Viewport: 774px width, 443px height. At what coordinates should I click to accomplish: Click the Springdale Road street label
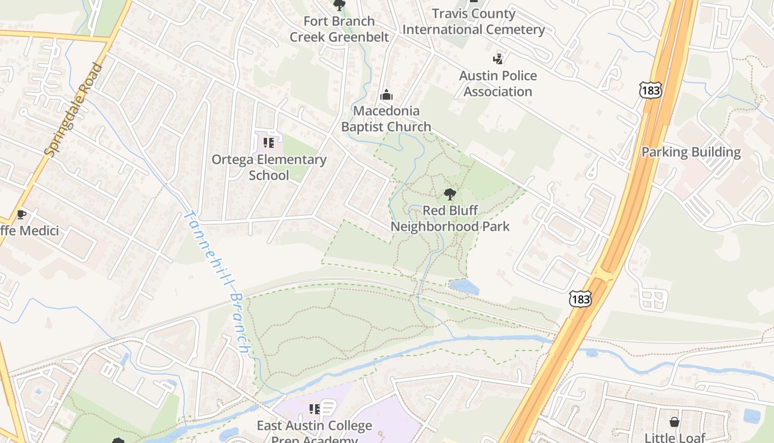coord(74,110)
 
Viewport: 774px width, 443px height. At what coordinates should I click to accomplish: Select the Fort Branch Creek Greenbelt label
coord(339,29)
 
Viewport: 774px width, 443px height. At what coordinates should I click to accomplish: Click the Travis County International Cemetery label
coord(474,22)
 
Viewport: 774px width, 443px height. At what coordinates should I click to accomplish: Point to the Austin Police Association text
coord(498,84)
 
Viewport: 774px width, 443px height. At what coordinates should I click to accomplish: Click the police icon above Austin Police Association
coord(498,59)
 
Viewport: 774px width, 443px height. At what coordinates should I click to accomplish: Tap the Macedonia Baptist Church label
coord(386,119)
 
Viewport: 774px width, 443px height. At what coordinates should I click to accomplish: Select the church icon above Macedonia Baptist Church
coord(386,95)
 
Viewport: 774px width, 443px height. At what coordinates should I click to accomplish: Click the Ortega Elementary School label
coord(269,167)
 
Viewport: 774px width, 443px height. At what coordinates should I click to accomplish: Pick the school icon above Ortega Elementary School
coord(269,143)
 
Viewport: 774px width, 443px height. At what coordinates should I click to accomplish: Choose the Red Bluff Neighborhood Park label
coord(450,218)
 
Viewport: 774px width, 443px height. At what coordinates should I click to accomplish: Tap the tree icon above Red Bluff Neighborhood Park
coord(450,194)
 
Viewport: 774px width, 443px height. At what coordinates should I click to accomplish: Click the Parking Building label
coord(691,152)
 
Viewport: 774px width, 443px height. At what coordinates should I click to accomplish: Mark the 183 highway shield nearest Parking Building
coord(651,90)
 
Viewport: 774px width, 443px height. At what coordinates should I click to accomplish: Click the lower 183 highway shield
coord(580,299)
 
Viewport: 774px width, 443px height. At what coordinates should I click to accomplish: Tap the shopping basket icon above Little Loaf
coord(674,422)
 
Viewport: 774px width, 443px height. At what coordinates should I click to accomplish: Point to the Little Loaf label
coord(674,437)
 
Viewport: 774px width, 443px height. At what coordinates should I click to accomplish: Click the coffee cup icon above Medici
coord(21,214)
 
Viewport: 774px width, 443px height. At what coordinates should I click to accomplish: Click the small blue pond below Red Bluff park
coord(464,287)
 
